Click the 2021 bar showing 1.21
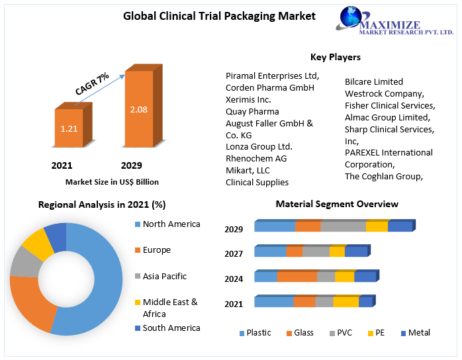69,128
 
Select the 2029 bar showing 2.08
138,109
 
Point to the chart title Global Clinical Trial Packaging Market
219,16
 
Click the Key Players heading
335,58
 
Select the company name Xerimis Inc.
248,99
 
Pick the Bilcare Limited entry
373,81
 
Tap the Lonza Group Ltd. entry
259,146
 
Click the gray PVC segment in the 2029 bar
343,227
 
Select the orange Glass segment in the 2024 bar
297,277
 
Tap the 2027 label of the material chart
234,253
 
